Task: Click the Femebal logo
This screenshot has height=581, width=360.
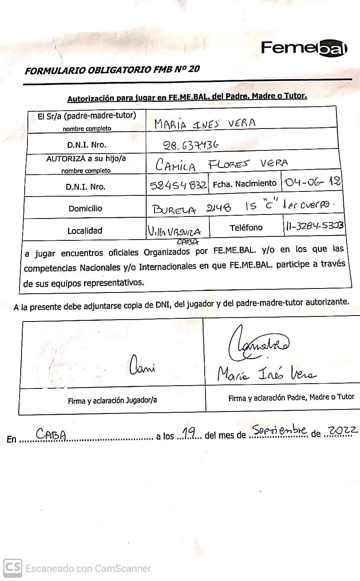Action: [x=304, y=48]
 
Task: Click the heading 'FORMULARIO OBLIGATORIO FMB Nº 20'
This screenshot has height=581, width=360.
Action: [x=112, y=70]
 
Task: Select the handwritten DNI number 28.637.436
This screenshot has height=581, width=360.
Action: [x=192, y=145]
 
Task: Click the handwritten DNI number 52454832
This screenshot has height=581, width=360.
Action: [x=178, y=185]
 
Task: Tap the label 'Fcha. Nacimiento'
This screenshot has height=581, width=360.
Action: [x=245, y=183]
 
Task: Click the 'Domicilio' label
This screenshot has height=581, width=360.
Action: [x=85, y=209]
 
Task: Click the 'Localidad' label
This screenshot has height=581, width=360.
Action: [x=85, y=231]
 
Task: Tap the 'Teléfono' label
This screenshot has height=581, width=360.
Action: [x=246, y=228]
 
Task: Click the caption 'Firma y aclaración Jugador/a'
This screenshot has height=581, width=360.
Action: [x=112, y=401]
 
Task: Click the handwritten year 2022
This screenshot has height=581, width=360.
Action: [x=342, y=430]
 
